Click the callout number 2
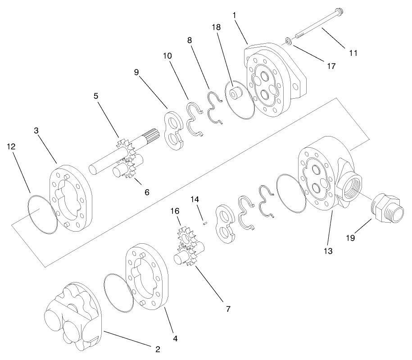click(158, 348)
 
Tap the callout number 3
click(36, 130)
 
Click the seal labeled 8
click(215, 108)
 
